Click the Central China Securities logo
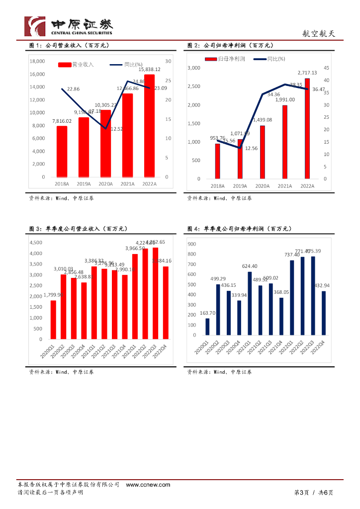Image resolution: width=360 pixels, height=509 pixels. click(69, 26)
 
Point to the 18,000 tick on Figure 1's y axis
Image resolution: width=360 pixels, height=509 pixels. click(37, 61)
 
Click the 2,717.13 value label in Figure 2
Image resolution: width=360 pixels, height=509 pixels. click(307, 73)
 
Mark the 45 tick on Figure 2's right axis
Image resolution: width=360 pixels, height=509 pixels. click(326, 68)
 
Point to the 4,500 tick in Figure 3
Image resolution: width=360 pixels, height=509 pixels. click(35, 243)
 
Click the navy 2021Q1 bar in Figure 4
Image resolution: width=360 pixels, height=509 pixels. click(250, 303)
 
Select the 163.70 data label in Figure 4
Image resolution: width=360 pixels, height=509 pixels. click(207, 313)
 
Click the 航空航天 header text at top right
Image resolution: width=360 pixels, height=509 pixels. click(319, 34)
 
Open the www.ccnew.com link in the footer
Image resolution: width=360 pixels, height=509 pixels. click(148, 485)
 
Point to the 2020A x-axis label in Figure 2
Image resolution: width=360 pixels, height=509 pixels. click(262, 186)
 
